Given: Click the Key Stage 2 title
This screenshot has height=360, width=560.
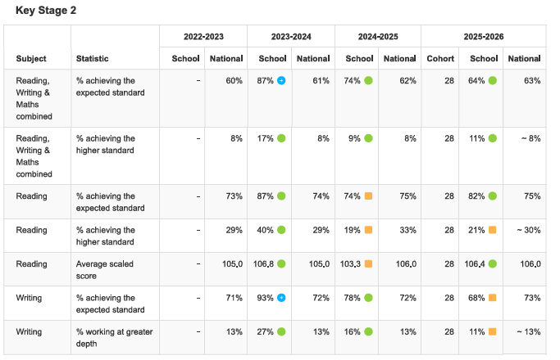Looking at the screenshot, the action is coord(46,11).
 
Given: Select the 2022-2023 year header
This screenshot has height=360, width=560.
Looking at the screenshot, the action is coord(203,37).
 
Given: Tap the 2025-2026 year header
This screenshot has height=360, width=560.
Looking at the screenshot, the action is coord(484,37).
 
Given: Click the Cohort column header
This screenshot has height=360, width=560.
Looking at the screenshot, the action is coord(440,58).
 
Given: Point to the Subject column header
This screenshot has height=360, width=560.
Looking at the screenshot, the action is coord(31,58).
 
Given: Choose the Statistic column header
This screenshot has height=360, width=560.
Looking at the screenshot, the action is coord(92,58).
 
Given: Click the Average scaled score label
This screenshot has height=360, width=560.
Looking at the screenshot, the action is coord(105,270).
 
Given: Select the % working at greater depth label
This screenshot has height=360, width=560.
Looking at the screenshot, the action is coord(114,338).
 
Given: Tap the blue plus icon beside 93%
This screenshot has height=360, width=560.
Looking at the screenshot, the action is coord(281,298).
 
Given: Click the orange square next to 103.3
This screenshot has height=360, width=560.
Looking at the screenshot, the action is coord(369,263).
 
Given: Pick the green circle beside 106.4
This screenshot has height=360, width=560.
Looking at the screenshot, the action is coord(493,263).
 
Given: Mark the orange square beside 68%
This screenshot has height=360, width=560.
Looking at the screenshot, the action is coord(493,298).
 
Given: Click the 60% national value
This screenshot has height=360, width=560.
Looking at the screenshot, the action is coord(234,81).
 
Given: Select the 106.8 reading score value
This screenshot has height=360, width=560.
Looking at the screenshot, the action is coord(263,264).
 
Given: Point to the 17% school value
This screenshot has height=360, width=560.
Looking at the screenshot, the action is coord(265,138).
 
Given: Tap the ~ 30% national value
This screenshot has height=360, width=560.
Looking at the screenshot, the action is coord(529,230).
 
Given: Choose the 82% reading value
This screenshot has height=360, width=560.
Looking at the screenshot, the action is coord(476,196).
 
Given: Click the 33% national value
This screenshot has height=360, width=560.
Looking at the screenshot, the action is coord(407,230).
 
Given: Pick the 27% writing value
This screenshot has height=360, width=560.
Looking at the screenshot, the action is coord(265,332).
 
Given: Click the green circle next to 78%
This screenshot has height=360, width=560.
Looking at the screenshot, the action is coord(369,298).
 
